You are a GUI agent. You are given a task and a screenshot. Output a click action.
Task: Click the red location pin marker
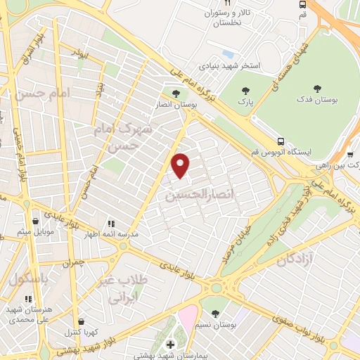tap(181, 165)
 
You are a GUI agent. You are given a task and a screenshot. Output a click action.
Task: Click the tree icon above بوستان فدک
tap(317, 89)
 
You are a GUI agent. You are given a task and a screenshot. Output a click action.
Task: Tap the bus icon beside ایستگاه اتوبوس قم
tap(281, 141)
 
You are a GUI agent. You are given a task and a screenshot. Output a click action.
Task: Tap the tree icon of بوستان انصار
tap(175, 92)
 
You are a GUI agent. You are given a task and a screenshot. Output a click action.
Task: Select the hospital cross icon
tap(170, 344)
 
